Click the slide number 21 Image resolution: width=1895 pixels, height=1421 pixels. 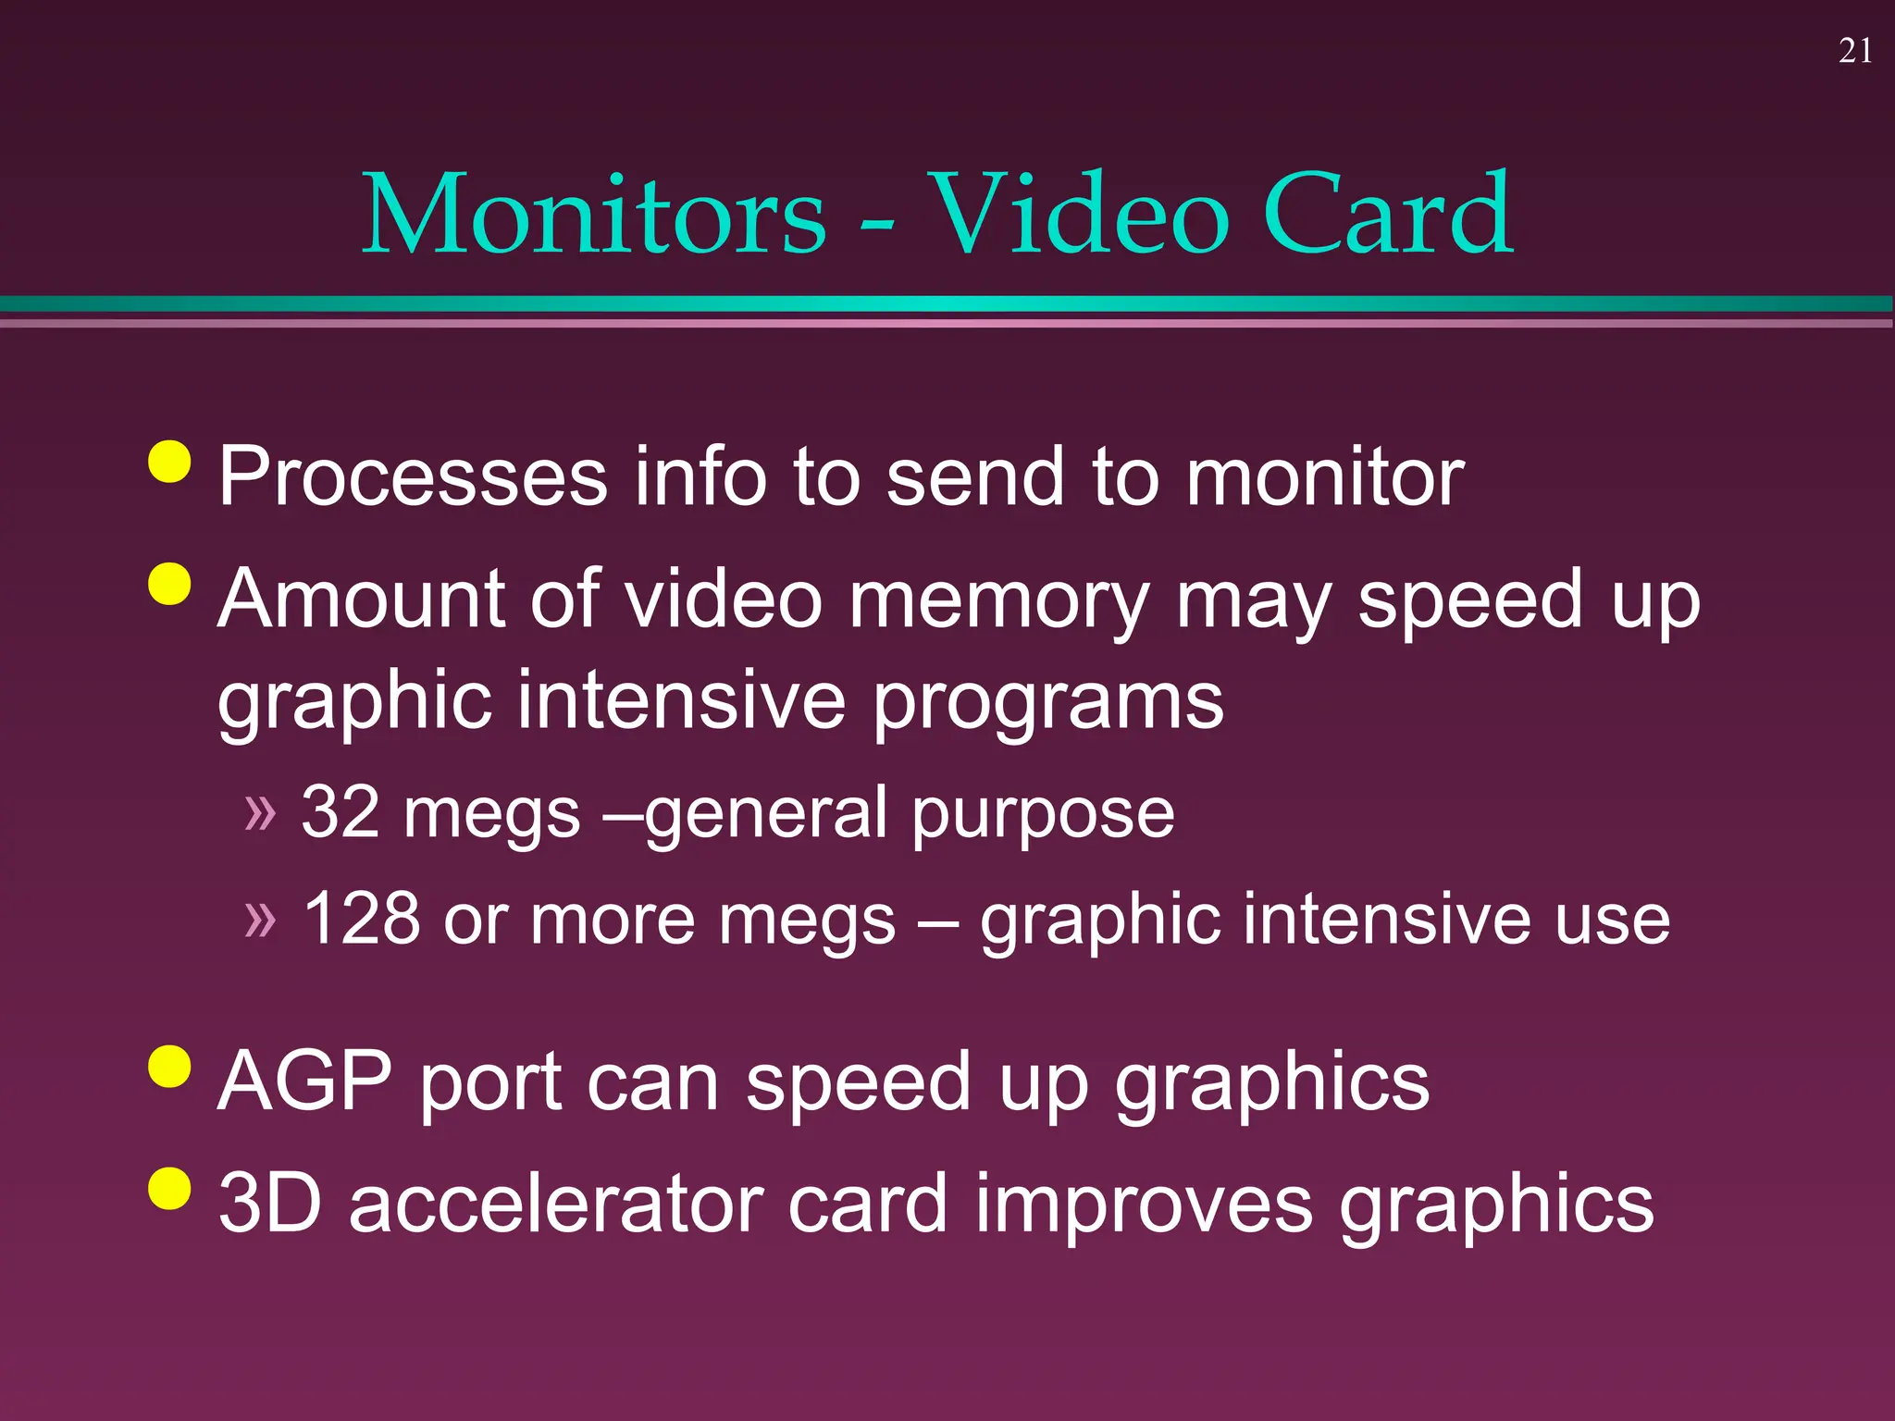[x=1855, y=51]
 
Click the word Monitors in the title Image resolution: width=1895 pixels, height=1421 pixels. [x=593, y=215]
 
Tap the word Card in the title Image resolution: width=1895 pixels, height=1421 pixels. [x=1387, y=215]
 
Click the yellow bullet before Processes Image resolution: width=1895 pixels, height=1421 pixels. [x=169, y=461]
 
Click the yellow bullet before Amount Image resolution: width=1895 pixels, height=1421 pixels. [x=169, y=583]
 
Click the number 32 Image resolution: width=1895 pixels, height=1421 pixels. [x=341, y=812]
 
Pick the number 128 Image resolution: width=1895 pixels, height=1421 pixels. [x=361, y=919]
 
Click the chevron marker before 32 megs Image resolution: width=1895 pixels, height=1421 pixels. [x=260, y=812]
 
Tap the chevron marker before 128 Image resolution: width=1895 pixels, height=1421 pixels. [x=260, y=919]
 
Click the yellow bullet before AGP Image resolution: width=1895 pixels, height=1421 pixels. [x=169, y=1067]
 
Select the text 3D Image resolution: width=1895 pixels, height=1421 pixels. [x=270, y=1203]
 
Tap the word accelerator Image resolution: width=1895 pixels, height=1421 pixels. [x=555, y=1203]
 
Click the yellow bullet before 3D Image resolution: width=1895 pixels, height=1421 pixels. [x=169, y=1188]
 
